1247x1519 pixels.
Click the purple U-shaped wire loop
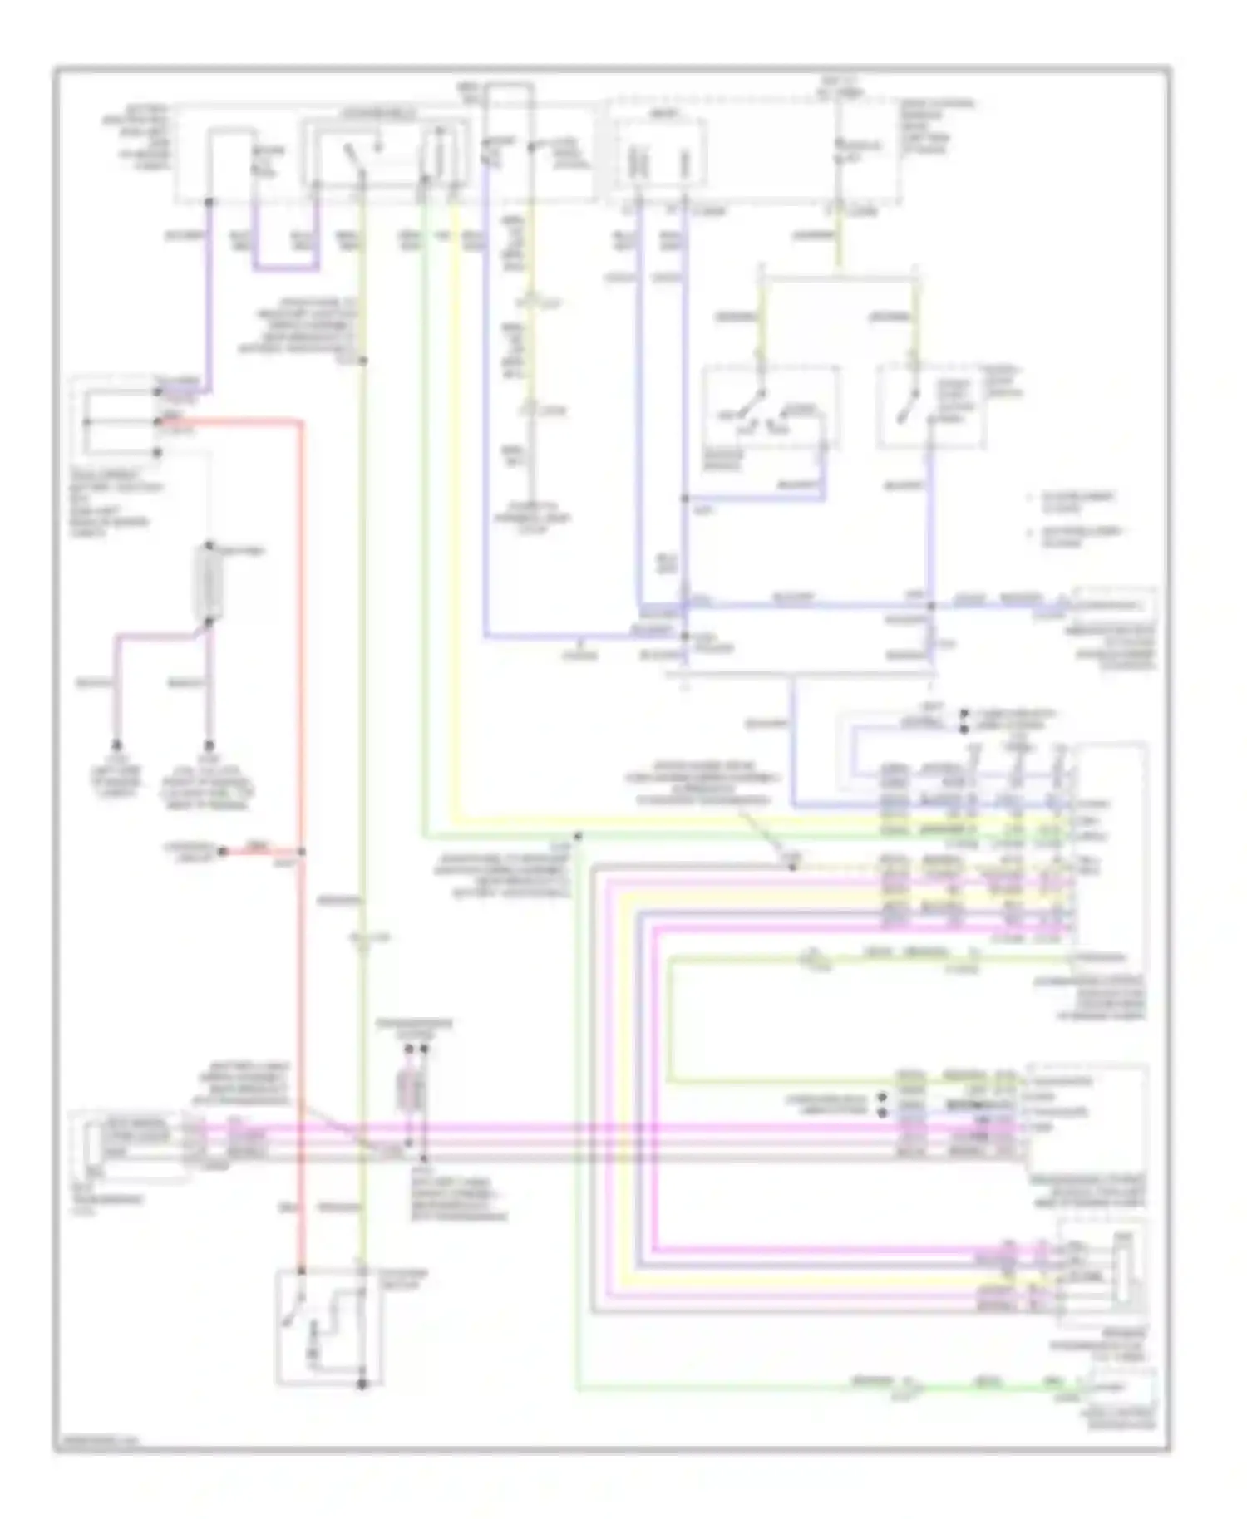[x=286, y=268]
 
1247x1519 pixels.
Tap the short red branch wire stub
[x=259, y=852]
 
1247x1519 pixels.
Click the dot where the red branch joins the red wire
[x=301, y=852]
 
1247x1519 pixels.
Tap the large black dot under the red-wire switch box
[x=362, y=1384]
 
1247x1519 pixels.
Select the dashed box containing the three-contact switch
[x=770, y=407]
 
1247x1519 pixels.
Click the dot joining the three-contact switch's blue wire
[x=684, y=499]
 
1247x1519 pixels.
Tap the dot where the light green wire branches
[x=579, y=836]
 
